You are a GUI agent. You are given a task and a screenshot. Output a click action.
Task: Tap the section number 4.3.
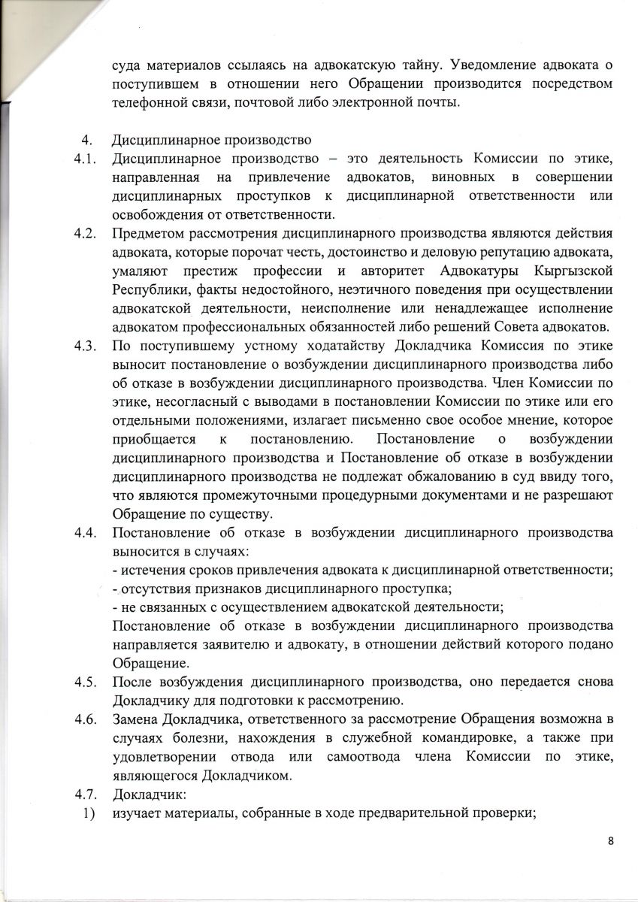83,347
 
